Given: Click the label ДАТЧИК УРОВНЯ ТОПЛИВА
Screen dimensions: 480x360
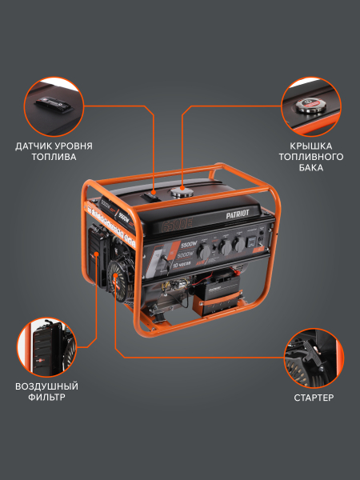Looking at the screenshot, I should click(x=54, y=152).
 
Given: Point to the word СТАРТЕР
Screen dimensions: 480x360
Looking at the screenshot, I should click(x=314, y=397).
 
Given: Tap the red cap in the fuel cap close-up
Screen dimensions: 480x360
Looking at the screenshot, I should click(x=309, y=104).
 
